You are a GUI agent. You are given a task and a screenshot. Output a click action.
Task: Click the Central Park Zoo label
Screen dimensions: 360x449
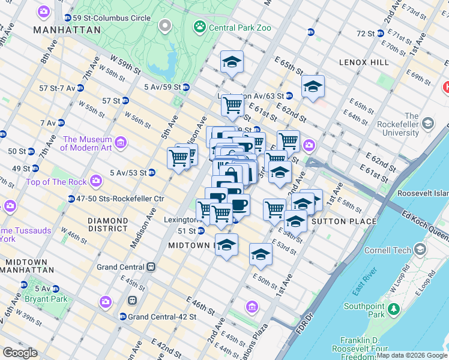point(240,28)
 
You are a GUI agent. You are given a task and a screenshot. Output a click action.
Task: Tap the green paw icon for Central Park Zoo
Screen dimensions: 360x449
point(199,27)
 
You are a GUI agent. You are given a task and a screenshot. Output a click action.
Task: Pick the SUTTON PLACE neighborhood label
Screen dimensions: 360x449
point(349,221)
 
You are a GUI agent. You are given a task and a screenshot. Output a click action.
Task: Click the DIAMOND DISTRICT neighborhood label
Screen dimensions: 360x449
point(107,224)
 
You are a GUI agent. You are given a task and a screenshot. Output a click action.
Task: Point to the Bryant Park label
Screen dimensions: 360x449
point(46,298)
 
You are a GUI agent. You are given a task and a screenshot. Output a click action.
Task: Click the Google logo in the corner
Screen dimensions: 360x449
point(20,353)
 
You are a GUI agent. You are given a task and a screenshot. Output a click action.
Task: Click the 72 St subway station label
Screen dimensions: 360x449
point(365,32)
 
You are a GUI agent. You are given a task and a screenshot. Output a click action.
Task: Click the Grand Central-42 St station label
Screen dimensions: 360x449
point(157,316)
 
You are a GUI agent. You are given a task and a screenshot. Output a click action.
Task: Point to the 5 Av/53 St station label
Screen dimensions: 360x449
point(128,173)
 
